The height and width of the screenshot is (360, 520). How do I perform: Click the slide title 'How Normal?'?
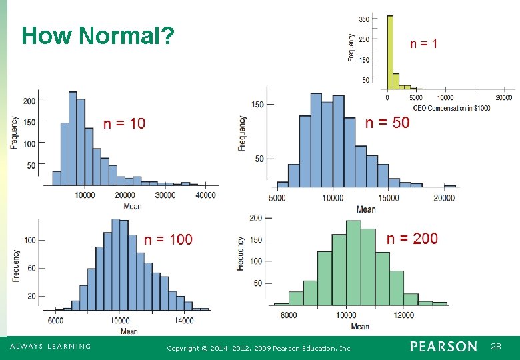click(98, 35)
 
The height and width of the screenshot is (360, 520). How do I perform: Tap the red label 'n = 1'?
click(423, 44)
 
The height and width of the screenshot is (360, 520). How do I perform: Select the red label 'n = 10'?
click(124, 123)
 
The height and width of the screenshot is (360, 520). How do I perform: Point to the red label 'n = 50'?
click(388, 123)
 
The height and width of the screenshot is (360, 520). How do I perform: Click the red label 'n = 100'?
click(168, 239)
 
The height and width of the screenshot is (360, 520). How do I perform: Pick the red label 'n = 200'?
click(413, 239)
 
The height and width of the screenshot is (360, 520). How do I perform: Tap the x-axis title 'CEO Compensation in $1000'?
click(451, 108)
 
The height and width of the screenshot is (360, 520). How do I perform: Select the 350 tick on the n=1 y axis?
click(364, 20)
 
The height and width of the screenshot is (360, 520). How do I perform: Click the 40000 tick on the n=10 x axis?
click(205, 195)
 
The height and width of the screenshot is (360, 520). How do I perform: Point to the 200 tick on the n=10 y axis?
click(29, 101)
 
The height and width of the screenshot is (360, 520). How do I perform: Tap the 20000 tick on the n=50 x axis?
click(444, 198)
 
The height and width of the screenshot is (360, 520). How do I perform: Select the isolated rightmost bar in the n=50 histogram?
click(450, 185)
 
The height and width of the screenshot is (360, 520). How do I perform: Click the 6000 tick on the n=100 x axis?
click(55, 321)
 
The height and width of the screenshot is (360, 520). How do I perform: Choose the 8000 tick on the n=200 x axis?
click(289, 315)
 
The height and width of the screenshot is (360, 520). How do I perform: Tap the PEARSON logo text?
click(443, 347)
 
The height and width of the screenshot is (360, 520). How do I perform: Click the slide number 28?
click(496, 347)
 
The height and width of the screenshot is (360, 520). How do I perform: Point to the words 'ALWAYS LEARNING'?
click(50, 347)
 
